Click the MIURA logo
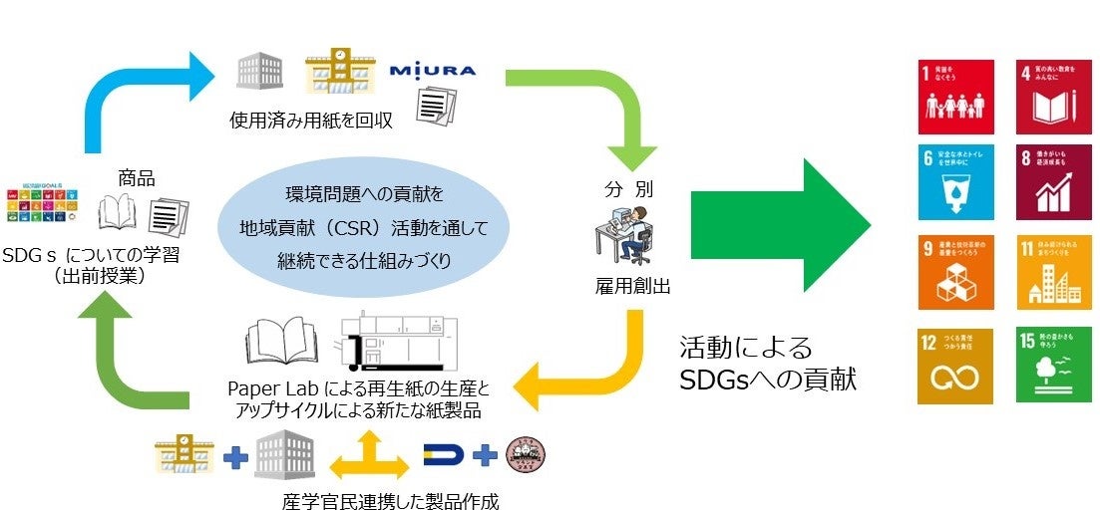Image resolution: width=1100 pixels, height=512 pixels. pyautogui.click(x=433, y=71)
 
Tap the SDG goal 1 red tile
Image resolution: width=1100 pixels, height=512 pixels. pyautogui.click(x=955, y=98)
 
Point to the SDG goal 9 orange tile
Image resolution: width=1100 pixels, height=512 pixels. pyautogui.click(x=955, y=271)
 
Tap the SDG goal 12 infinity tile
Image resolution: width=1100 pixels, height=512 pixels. pyautogui.click(x=955, y=366)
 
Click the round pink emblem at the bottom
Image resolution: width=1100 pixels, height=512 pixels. pyautogui.click(x=526, y=456)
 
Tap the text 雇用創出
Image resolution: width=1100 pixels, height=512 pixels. pyautogui.click(x=630, y=287)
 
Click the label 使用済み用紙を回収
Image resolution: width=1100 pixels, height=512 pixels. pyautogui.click(x=311, y=122)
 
